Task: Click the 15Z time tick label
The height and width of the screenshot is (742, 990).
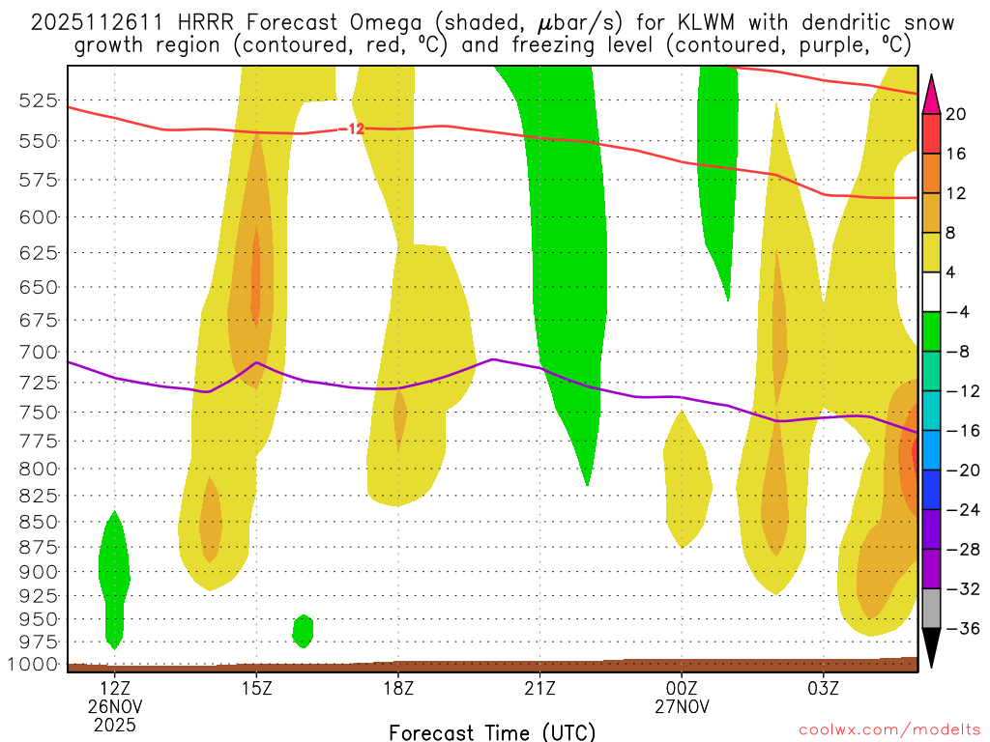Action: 256,689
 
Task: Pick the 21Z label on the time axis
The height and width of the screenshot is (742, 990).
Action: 539,689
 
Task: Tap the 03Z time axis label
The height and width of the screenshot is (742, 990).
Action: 823,689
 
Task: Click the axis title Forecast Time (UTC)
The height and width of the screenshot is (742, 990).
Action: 492,731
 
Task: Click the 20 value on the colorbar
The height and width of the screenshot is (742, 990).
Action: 957,114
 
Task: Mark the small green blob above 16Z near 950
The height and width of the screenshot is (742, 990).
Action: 303,631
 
